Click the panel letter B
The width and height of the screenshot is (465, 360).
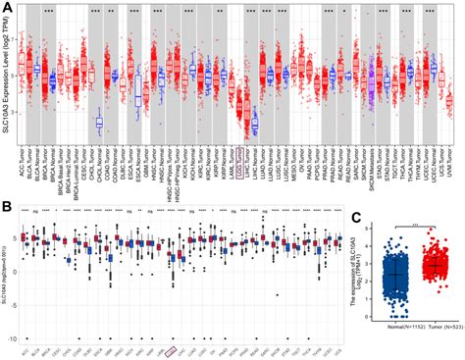[6, 207]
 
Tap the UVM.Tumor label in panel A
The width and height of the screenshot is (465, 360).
[449, 157]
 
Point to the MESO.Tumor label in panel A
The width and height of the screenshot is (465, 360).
[296, 157]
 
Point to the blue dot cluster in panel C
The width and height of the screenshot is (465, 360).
[395, 283]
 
